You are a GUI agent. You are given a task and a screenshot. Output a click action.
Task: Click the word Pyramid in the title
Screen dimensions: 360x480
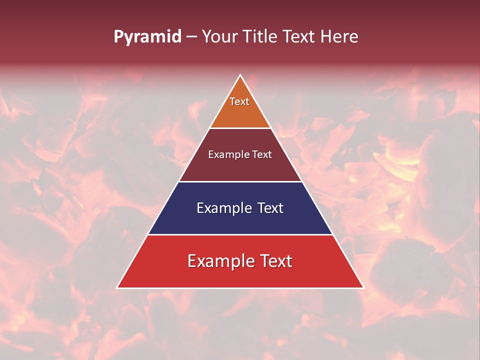[147, 37]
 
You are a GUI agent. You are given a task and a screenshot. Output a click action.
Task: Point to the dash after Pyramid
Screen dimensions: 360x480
[191, 37]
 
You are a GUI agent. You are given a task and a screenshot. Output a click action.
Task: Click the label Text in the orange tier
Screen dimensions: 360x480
[239, 101]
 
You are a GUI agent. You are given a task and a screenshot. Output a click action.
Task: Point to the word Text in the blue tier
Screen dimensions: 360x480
[270, 208]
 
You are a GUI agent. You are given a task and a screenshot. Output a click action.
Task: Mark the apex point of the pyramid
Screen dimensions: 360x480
[240, 75]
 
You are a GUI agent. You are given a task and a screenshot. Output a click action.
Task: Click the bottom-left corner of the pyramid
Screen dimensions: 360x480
[117, 287]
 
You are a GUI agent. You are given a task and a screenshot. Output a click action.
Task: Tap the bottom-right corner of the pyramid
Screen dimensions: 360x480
[363, 287]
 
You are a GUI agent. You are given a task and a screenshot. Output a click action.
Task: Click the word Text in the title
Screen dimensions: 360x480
[299, 37]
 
